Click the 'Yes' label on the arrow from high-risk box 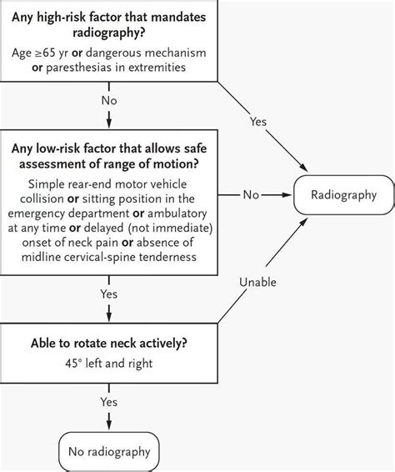[258, 122]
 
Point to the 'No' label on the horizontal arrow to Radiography [251, 196]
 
